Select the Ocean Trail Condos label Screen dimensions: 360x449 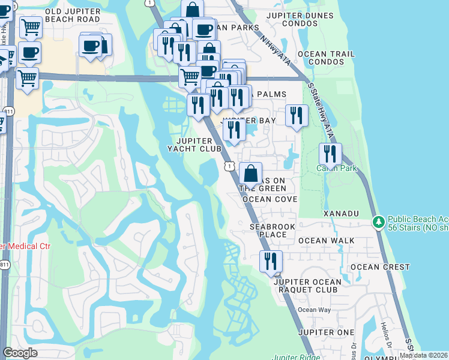[326, 58]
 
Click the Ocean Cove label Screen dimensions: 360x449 [270, 199]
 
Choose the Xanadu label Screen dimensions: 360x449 [340, 214]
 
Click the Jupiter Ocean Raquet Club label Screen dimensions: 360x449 [307, 286]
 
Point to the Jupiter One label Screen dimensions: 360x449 [329, 332]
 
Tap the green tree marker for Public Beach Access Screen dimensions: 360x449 [379, 223]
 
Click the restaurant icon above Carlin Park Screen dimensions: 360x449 [330, 154]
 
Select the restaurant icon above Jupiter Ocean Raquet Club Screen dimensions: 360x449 [271, 261]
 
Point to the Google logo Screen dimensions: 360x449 [20, 353]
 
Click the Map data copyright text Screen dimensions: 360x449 [424, 355]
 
